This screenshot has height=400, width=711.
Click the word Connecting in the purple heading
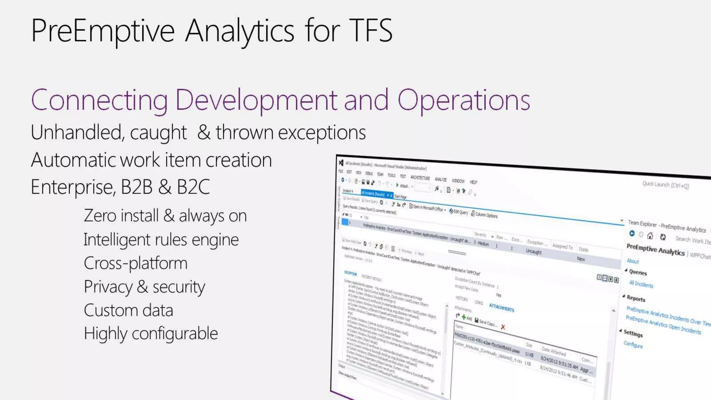click(99, 101)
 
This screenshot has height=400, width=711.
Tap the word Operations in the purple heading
click(463, 101)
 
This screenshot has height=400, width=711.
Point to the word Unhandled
click(76, 133)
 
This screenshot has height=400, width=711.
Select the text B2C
click(193, 187)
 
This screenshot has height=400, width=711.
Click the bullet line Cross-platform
click(135, 263)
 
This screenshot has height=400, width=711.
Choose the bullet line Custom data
click(128, 310)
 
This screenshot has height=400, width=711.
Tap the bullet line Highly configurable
click(151, 334)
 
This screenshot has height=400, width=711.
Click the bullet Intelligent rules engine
click(161, 240)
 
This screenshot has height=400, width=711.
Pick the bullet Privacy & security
click(144, 287)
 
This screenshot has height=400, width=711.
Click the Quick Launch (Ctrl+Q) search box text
click(665, 185)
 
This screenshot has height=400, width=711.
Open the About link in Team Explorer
click(633, 261)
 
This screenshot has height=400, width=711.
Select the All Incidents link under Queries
click(641, 284)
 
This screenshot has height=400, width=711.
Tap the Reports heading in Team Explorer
click(636, 298)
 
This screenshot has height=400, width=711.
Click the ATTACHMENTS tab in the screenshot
click(501, 307)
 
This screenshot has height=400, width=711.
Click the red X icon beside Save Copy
click(503, 327)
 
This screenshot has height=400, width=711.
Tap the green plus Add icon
click(464, 317)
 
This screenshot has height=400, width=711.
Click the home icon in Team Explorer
click(650, 236)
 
